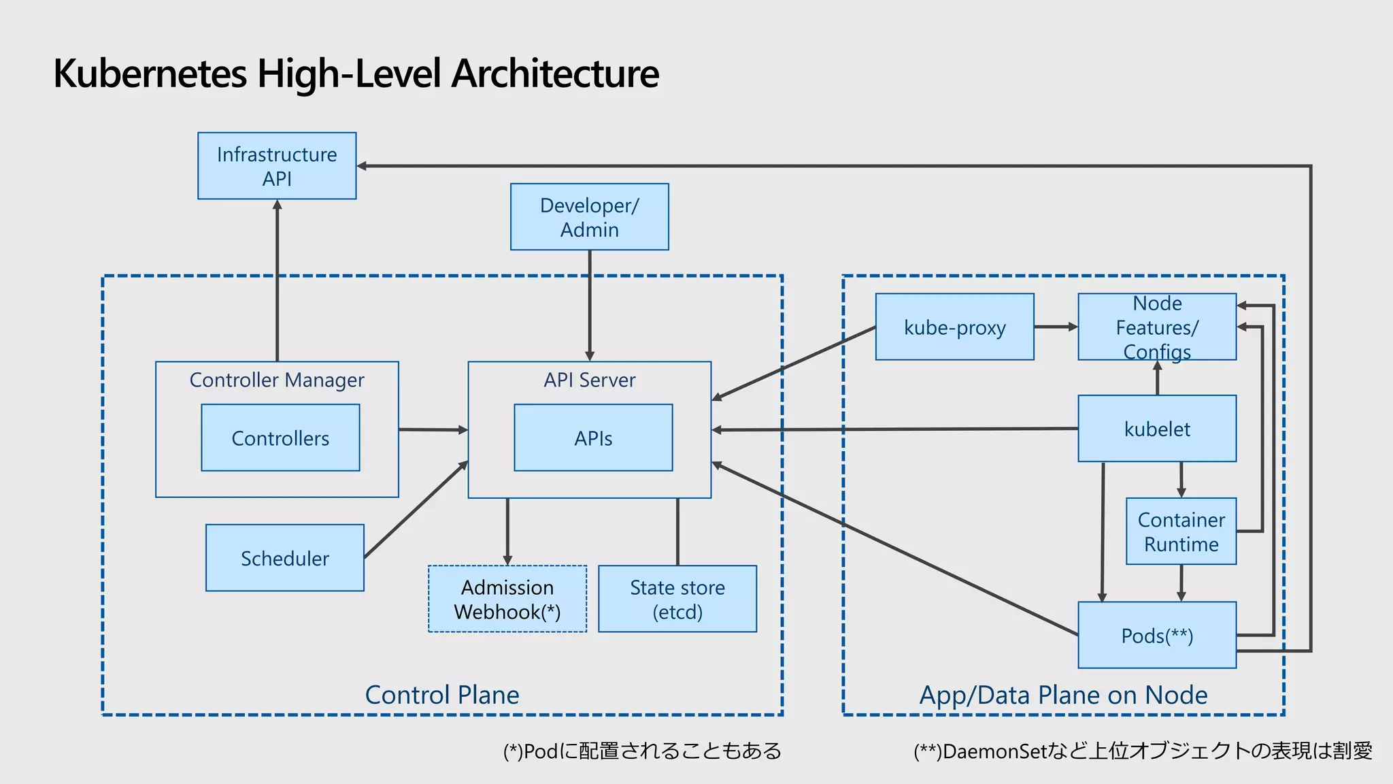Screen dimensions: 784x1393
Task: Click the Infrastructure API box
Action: (277, 166)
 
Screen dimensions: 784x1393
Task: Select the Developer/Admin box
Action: (589, 217)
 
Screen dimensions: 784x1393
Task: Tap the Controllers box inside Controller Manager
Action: (280, 438)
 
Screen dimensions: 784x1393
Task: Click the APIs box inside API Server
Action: (593, 438)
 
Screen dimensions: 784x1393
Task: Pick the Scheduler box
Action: (284, 558)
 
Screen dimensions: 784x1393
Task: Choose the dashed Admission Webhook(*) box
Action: (507, 599)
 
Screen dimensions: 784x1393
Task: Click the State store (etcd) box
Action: (677, 599)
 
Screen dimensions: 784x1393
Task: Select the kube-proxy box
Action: (954, 327)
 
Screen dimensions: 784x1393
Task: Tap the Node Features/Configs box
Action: (1156, 327)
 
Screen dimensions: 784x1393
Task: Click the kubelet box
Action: (1156, 429)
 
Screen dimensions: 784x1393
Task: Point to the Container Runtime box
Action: (1181, 532)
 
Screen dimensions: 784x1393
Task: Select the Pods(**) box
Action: (1156, 635)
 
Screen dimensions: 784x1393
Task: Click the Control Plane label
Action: (442, 695)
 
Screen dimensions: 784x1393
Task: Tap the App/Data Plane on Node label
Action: (1063, 695)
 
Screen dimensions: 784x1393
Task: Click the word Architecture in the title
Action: (555, 73)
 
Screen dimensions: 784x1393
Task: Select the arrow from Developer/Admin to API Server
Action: (590, 306)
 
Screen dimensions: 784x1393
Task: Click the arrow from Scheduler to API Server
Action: (416, 510)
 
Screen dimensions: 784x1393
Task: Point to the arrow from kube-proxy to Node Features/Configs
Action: (1056, 327)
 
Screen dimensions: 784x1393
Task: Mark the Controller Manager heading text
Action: (277, 380)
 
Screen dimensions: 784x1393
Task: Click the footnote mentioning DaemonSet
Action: (1143, 751)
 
